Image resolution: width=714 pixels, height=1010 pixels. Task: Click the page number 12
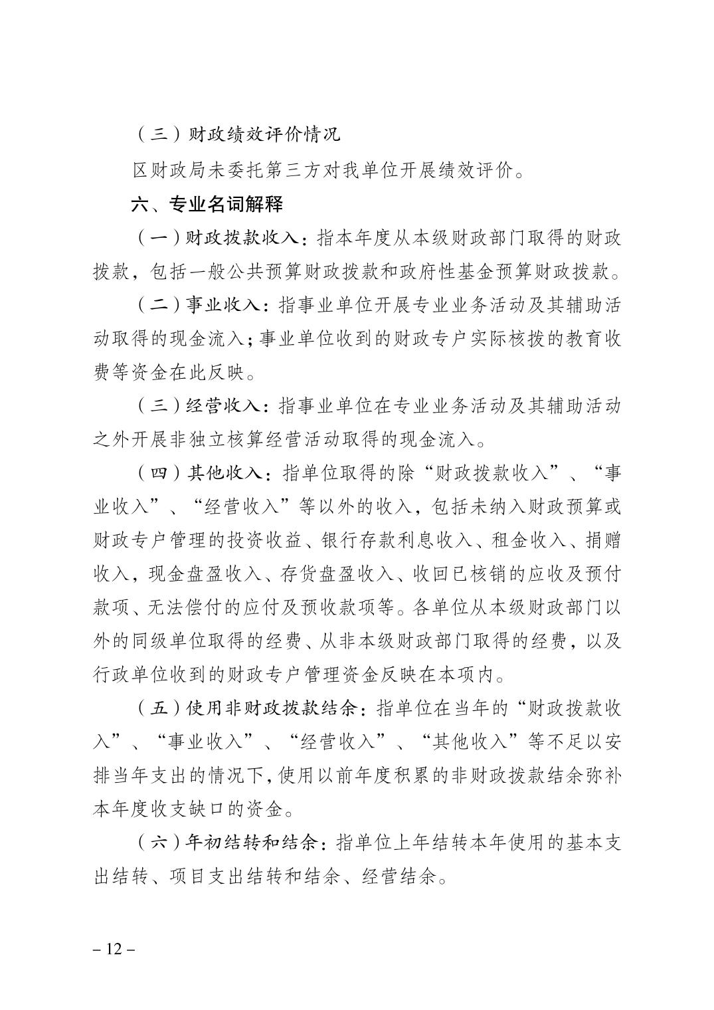pos(114,949)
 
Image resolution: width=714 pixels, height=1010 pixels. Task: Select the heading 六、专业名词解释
pos(208,204)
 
